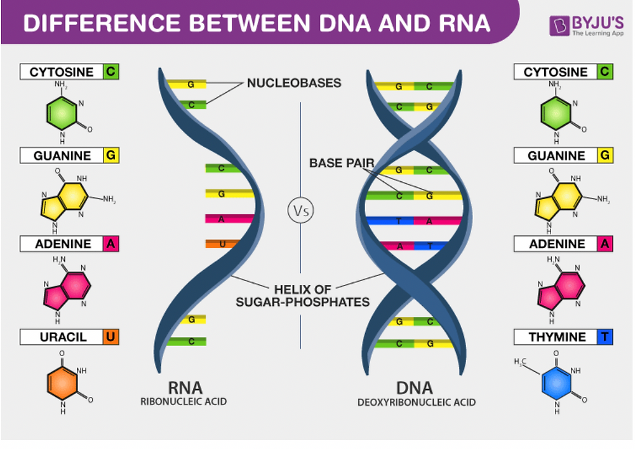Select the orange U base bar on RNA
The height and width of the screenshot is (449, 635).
tap(220, 244)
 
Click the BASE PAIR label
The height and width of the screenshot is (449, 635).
tap(342, 163)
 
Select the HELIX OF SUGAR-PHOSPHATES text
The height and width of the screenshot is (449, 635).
tap(302, 296)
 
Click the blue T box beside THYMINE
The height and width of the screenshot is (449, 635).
tap(605, 337)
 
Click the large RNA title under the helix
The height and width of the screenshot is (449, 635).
tap(185, 387)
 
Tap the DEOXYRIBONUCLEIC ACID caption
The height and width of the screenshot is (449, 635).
tap(416, 402)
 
